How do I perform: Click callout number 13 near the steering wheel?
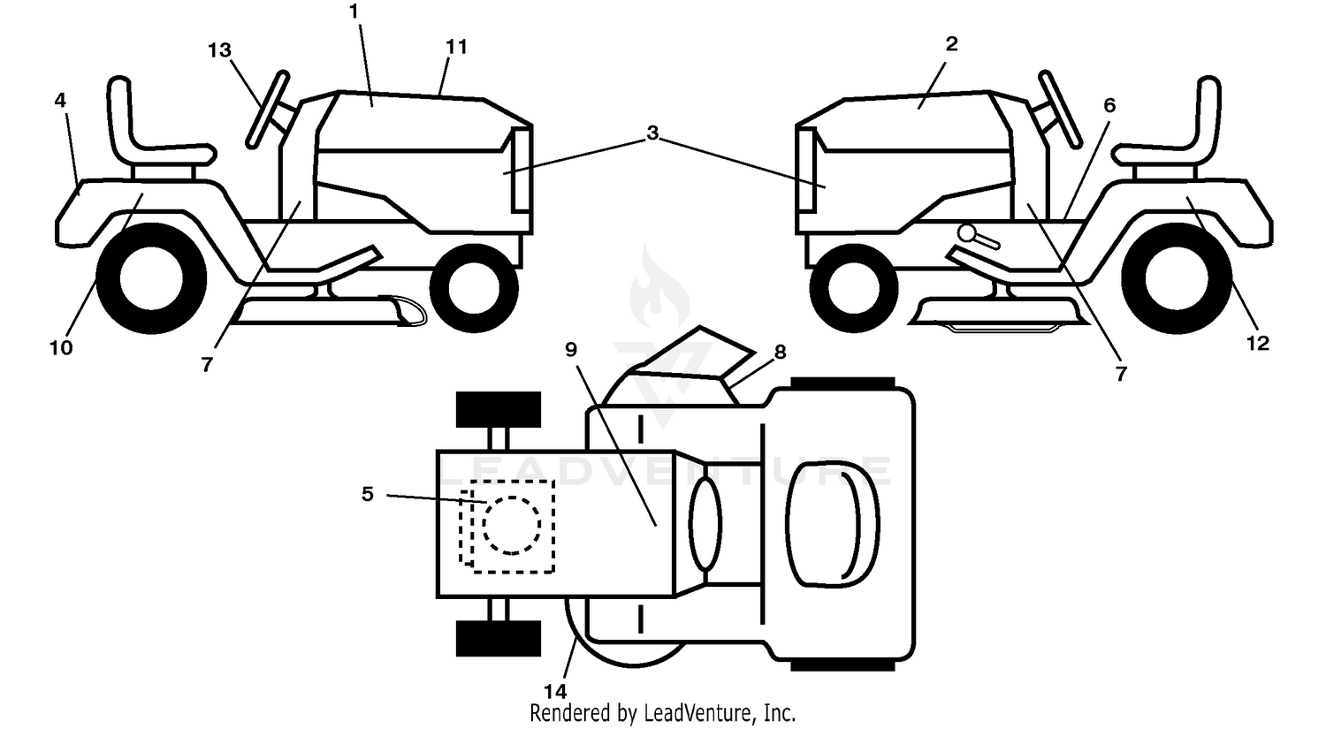click(219, 49)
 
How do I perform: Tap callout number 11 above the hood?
click(456, 46)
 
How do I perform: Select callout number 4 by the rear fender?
click(60, 100)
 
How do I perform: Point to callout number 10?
click(61, 347)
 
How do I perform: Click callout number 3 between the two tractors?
click(652, 133)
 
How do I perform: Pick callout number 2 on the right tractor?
click(951, 43)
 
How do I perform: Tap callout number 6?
click(1109, 105)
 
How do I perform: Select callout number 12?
click(1258, 343)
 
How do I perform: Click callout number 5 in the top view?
click(368, 493)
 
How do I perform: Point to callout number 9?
click(571, 350)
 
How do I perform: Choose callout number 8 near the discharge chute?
click(781, 352)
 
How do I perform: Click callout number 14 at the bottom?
click(555, 691)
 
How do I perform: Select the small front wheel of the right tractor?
click(854, 288)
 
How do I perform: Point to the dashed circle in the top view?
click(512, 526)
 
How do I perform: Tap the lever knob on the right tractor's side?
click(969, 233)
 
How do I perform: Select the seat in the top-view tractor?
click(833, 525)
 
